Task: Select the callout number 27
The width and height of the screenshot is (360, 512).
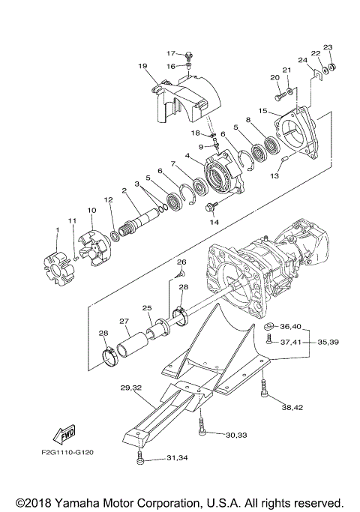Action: coord(125,322)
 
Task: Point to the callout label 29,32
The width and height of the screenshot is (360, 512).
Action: coord(130,388)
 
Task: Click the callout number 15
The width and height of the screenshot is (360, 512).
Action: coord(262,111)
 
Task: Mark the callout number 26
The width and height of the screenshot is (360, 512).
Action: coord(181,262)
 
